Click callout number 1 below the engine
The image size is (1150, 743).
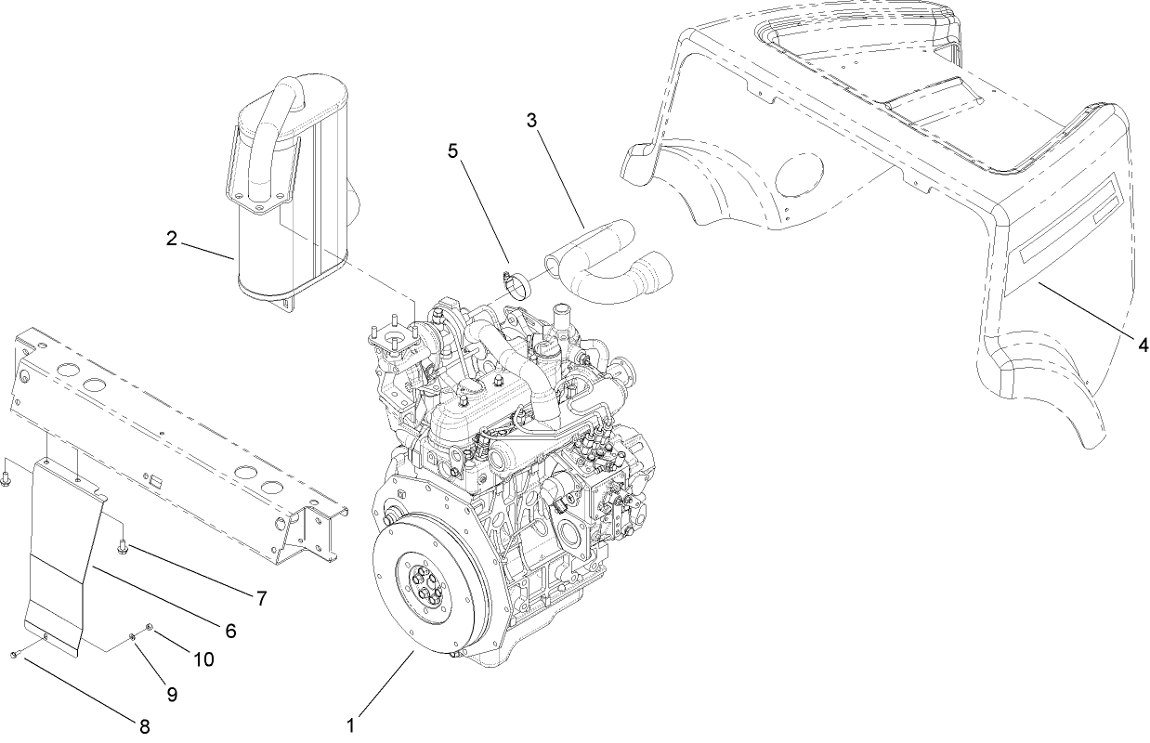(x=350, y=723)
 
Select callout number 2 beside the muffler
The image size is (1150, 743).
(x=172, y=239)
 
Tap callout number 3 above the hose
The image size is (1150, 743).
(x=531, y=121)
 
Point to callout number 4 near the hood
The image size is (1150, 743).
(x=1142, y=345)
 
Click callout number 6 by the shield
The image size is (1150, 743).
(x=229, y=630)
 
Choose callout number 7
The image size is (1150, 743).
(x=261, y=599)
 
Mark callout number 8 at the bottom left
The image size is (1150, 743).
(x=144, y=725)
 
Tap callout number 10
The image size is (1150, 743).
(x=203, y=658)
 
